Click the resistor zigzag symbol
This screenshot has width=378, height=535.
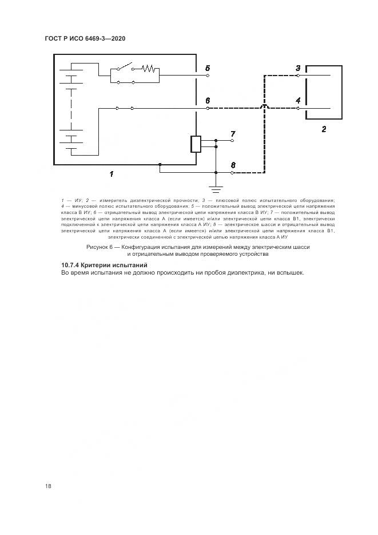(x=149, y=69)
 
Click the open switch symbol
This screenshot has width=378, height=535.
(x=126, y=65)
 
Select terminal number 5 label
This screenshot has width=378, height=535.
(x=208, y=68)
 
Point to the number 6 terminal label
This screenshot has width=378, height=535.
(x=208, y=100)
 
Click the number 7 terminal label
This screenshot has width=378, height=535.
(x=232, y=134)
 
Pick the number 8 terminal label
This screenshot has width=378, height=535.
(x=232, y=165)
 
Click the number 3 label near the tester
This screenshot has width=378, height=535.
(x=298, y=68)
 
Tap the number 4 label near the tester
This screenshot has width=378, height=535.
(x=298, y=100)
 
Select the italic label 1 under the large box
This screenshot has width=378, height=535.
(x=112, y=173)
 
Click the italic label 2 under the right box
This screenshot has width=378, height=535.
(x=324, y=129)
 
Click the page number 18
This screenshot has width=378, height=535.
(x=48, y=486)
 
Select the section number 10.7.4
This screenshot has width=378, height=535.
(x=71, y=265)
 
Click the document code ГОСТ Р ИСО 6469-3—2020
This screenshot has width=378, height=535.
(x=85, y=38)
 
